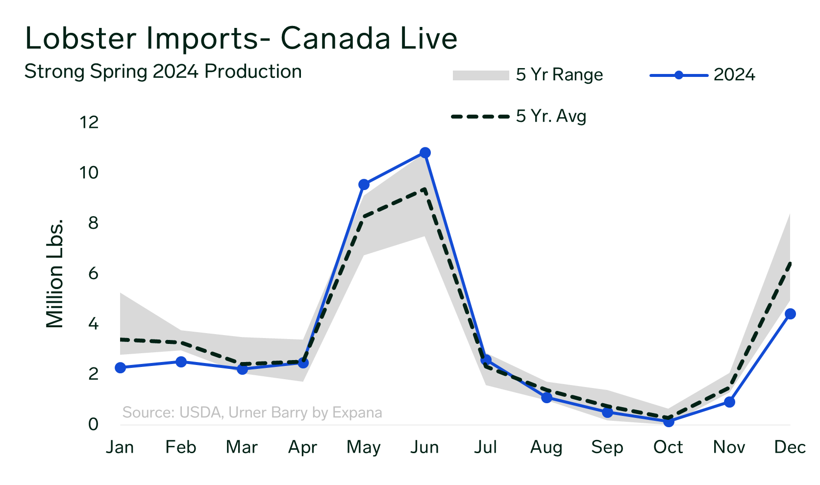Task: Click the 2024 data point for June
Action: pos(424,152)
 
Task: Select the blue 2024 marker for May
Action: pos(364,184)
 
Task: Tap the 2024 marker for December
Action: pos(791,314)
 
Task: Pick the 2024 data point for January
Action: pos(120,367)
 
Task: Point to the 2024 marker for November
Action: pos(730,402)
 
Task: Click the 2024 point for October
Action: pos(669,421)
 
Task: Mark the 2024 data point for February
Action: pos(181,362)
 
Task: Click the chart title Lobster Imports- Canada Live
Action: pos(241,38)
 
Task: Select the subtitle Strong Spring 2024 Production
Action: pos(163,72)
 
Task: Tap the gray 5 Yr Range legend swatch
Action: pos(481,75)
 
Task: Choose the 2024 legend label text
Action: pos(734,75)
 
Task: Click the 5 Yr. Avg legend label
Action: pos(551,116)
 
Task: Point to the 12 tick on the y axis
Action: pos(89,122)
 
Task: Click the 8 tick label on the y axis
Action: pos(93,223)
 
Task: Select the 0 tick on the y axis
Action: pos(93,424)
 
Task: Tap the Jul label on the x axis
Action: pos(485,447)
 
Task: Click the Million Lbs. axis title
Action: pos(55,273)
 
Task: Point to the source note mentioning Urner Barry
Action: pos(252,412)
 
